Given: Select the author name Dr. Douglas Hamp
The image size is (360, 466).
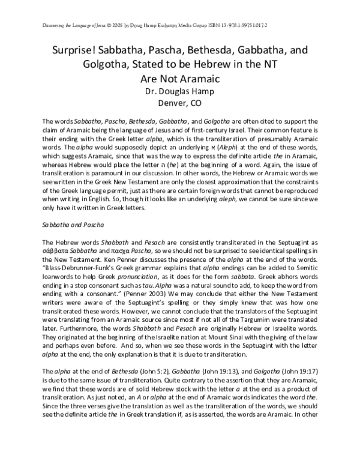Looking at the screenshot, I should pyautogui.click(x=179, y=91).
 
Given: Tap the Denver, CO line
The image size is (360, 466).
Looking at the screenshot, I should pyautogui.click(x=179, y=103).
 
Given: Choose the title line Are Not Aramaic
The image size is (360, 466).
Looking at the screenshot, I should pyautogui.click(x=179, y=77).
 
